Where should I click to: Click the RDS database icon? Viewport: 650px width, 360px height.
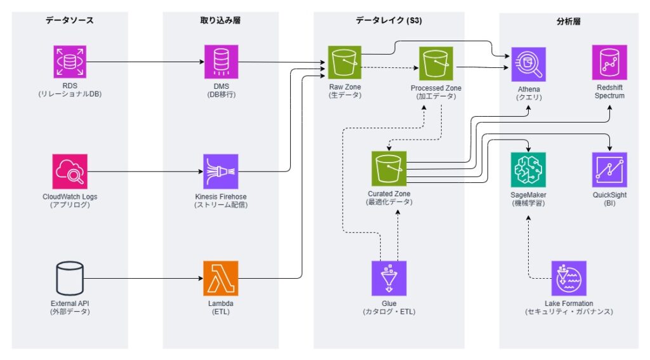69,62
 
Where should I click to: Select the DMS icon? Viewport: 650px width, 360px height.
221,62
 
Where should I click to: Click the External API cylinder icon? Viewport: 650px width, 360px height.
69,277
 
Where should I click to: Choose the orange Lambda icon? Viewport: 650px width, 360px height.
221,277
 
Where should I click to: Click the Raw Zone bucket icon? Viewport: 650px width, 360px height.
345,62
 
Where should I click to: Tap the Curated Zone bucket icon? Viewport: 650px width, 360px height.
388,169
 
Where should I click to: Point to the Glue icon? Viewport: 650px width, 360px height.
388,277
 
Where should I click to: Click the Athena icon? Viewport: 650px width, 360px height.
529,64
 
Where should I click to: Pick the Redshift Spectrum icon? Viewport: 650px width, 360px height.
609,62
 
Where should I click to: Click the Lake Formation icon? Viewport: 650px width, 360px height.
569,277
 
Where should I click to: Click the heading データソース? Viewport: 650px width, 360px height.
69,20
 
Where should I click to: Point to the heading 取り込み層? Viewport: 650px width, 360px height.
220,20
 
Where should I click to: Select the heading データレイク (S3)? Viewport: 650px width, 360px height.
388,20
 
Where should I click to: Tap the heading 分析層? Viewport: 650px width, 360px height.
569,20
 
